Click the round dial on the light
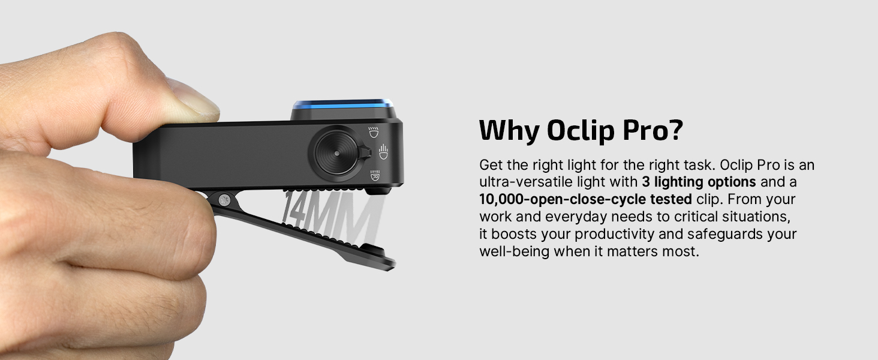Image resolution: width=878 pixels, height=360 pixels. pyautogui.click(x=335, y=152)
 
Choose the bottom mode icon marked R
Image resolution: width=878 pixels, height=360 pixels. pyautogui.click(x=373, y=175)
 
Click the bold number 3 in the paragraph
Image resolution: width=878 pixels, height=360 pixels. pyautogui.click(x=645, y=182)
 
